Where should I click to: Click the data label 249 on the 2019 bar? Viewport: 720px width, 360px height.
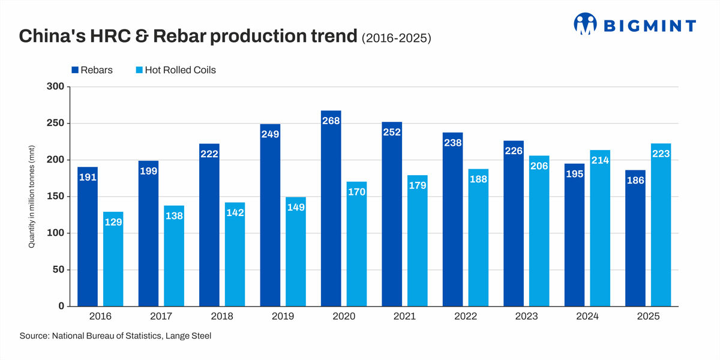[270, 134]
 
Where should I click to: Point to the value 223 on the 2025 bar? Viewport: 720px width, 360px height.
[661, 154]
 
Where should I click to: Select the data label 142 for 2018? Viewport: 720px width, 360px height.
[235, 213]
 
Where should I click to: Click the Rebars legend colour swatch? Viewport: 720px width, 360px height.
[75, 70]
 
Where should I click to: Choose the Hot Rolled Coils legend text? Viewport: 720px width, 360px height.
[180, 70]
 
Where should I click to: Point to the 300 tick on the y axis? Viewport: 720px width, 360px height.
[56, 87]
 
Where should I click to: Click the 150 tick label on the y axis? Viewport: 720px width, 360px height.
[56, 197]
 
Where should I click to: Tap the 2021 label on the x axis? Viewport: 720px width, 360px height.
[404, 316]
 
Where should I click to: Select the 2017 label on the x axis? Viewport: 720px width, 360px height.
[161, 316]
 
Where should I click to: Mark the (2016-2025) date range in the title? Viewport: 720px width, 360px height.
[396, 38]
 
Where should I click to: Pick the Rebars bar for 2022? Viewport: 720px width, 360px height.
[452, 228]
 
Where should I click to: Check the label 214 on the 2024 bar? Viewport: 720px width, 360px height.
[599, 160]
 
